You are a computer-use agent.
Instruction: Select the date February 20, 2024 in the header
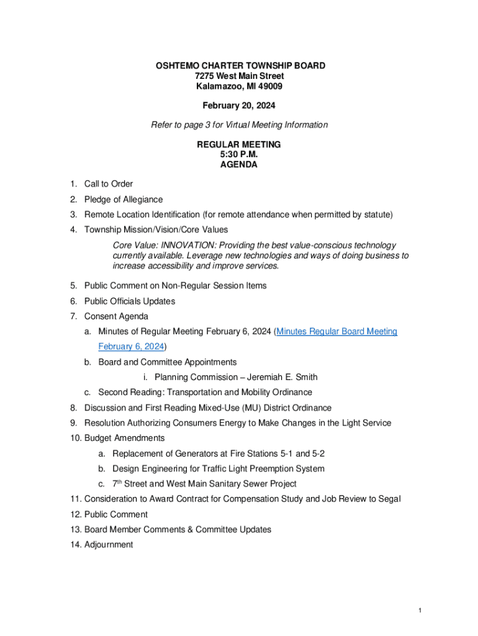[x=239, y=106]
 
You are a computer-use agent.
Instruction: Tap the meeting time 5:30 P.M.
[x=239, y=155]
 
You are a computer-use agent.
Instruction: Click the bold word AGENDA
[x=239, y=165]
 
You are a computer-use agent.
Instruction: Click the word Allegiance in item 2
[x=140, y=199]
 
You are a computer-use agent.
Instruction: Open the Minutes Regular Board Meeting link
[x=337, y=332]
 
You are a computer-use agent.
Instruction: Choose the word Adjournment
[x=109, y=545]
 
